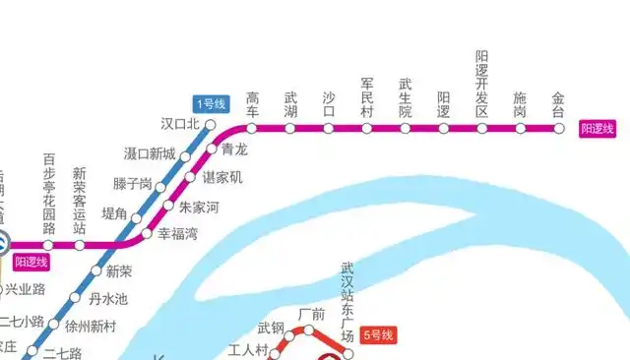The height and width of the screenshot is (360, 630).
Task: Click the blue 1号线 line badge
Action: (211, 103)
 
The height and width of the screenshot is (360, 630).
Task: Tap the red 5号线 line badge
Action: (377, 336)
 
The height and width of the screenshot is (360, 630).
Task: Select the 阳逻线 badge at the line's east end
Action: (597, 128)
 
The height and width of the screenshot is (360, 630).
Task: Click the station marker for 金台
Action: (558, 128)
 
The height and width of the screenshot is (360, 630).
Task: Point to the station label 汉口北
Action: (180, 124)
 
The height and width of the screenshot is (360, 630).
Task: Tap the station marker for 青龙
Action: (217, 149)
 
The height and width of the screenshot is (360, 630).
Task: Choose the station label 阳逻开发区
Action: (481, 85)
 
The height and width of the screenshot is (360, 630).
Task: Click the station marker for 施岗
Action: (520, 128)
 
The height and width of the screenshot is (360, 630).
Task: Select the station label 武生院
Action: (405, 98)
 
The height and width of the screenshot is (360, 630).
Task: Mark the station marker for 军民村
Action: (366, 128)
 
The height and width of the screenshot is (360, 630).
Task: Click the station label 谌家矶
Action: (221, 178)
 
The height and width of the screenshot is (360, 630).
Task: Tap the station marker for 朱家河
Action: (170, 207)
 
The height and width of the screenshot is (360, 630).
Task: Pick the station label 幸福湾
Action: (178, 235)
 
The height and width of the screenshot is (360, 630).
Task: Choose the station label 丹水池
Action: (107, 298)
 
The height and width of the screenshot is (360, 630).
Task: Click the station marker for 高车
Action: (252, 128)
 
